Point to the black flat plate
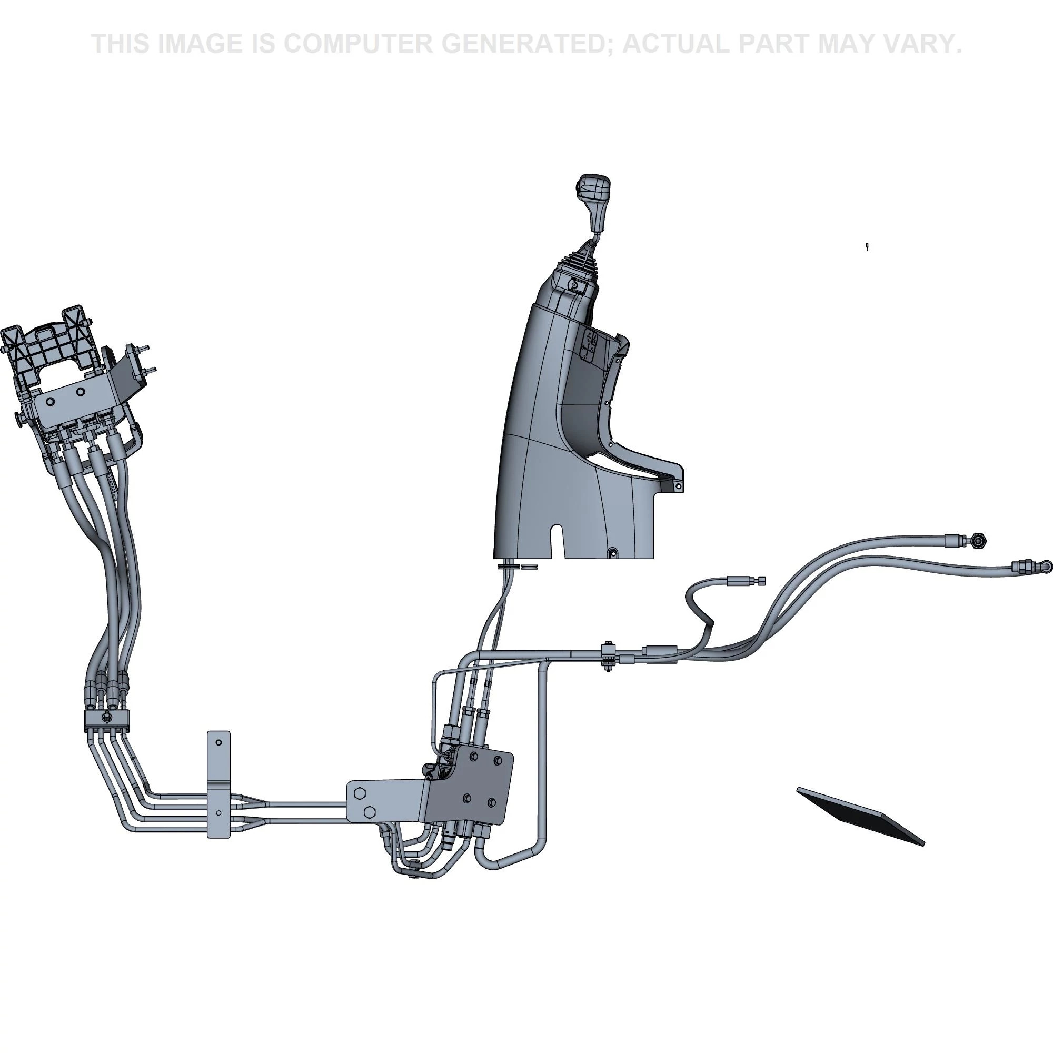point(861,816)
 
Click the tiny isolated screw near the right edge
point(867,247)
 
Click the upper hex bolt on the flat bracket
point(359,793)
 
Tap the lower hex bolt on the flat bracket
point(369,812)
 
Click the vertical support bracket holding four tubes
point(218,784)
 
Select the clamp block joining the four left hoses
point(107,719)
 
